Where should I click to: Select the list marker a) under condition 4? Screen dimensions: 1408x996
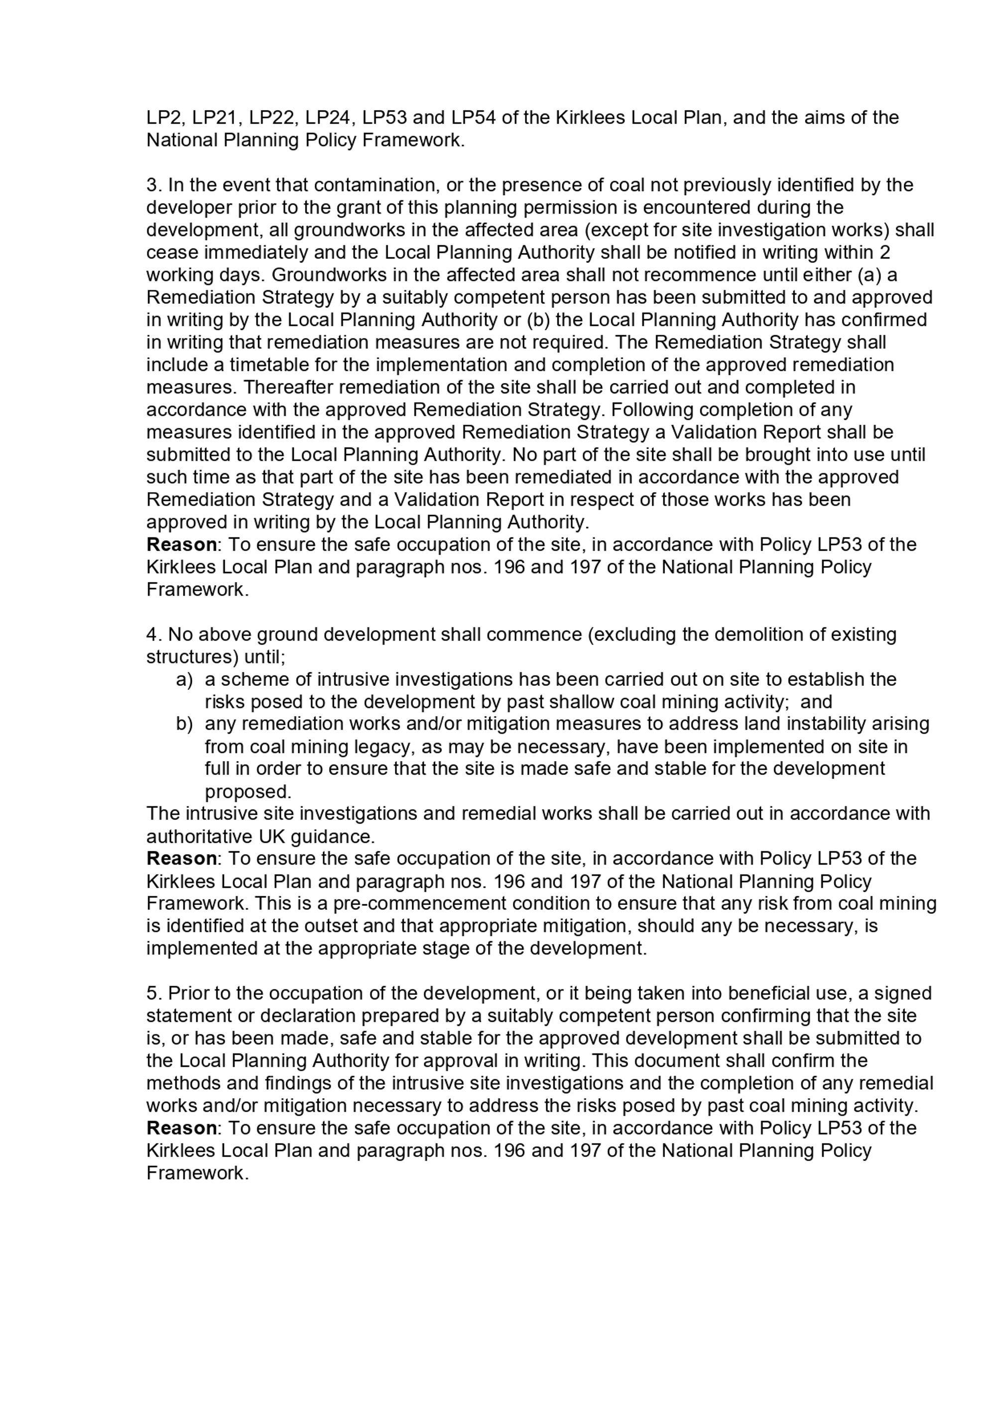(184, 679)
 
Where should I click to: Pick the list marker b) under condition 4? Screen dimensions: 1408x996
(184, 724)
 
